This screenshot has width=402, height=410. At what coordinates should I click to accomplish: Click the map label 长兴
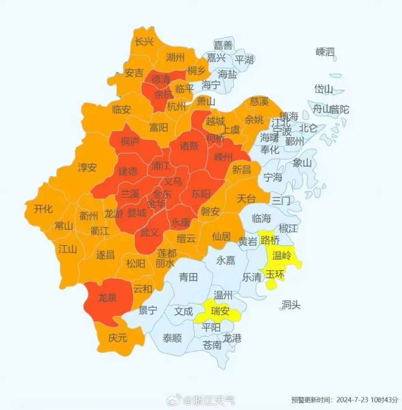(x=144, y=42)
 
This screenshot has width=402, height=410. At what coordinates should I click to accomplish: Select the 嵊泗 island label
(x=325, y=52)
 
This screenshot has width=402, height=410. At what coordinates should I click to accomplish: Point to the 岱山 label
(x=324, y=89)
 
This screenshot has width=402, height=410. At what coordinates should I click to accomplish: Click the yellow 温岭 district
(x=282, y=256)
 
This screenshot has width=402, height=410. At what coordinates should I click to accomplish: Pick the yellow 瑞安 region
(x=220, y=311)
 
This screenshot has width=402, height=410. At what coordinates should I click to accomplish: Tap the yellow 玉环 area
(x=275, y=276)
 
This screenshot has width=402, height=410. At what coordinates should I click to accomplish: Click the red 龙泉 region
(x=108, y=298)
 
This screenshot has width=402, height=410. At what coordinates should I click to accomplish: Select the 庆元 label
(x=117, y=338)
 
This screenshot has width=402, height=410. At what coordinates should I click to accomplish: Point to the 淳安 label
(x=87, y=168)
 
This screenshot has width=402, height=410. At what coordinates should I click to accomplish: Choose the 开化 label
(x=43, y=208)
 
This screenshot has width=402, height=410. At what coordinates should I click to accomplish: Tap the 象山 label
(x=302, y=163)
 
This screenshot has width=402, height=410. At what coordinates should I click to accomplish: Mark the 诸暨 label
(x=189, y=146)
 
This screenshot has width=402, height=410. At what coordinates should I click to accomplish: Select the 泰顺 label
(x=172, y=338)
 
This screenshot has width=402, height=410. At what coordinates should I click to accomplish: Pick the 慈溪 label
(x=259, y=101)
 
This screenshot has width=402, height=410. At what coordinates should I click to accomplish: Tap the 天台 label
(x=246, y=198)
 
